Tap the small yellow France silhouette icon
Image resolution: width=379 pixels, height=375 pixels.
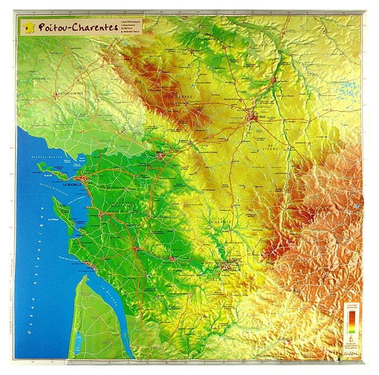[x=28, y=25]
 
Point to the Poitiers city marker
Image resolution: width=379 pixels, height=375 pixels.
[x=254, y=117]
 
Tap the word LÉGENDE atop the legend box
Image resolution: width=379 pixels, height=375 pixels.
[x=351, y=305]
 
